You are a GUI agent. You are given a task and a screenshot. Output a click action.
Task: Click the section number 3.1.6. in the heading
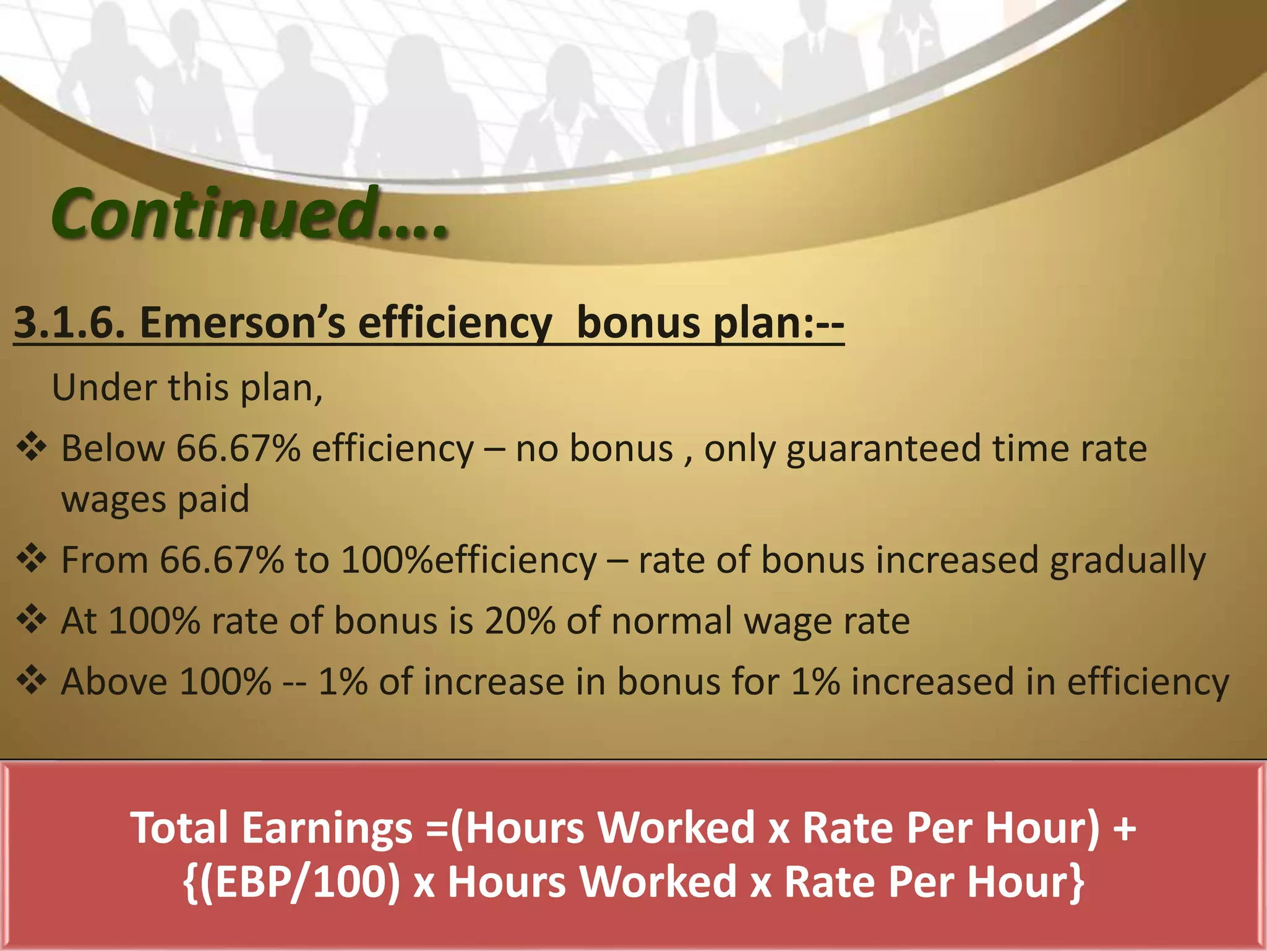(x=69, y=323)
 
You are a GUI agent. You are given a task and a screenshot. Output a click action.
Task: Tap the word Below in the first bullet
(x=113, y=448)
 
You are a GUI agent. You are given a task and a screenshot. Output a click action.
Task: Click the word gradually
(x=1127, y=561)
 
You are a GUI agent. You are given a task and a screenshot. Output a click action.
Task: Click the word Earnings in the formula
(x=327, y=827)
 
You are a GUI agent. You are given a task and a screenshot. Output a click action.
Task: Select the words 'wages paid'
(x=155, y=499)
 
